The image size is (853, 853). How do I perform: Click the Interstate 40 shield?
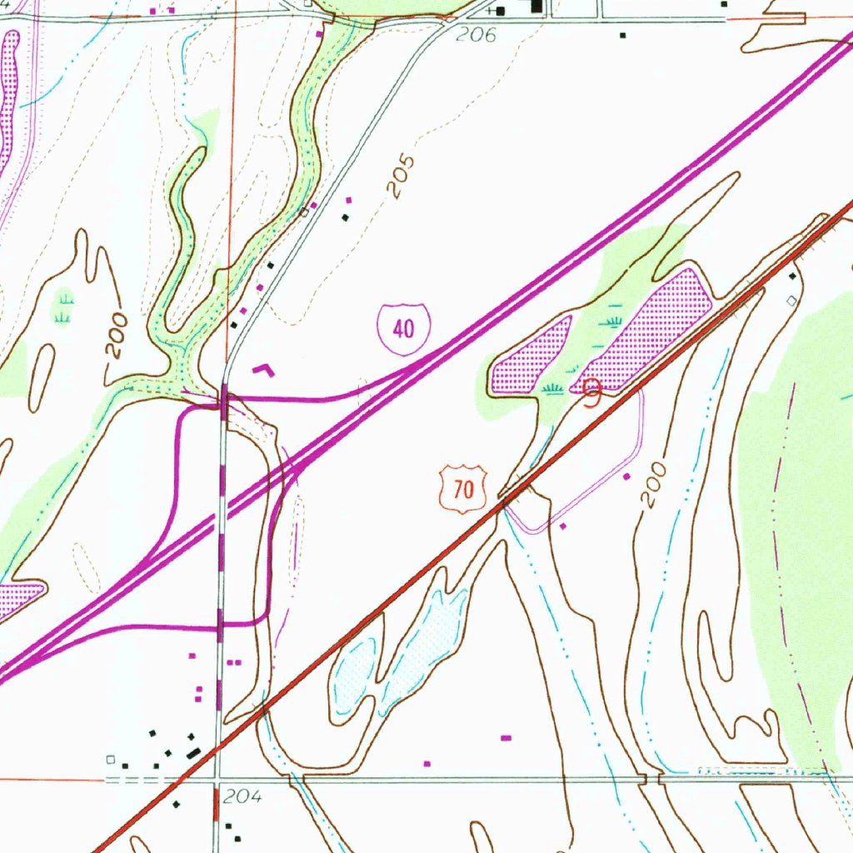click(x=403, y=329)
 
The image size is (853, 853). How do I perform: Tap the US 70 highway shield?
click(x=463, y=489)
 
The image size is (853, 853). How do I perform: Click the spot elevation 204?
click(x=243, y=797)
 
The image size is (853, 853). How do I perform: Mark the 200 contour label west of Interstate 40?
click(x=117, y=335)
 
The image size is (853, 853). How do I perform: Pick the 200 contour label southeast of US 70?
click(x=656, y=486)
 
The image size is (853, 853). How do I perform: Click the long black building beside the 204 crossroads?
click(x=194, y=752)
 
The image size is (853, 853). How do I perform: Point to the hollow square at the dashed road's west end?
click(x=110, y=760)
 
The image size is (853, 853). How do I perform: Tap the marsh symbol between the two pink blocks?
click(x=614, y=321)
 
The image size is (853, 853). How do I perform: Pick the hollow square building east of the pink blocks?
click(x=791, y=297)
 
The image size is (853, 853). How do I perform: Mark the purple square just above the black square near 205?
click(x=349, y=200)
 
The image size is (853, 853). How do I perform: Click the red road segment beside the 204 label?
click(x=217, y=805)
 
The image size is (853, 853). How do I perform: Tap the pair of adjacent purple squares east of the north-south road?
click(x=234, y=662)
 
